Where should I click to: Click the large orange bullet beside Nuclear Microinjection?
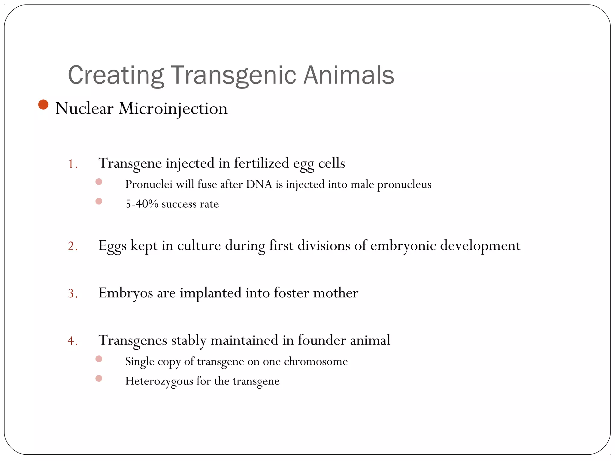click(44, 105)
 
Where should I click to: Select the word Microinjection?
click(173, 108)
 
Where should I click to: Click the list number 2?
click(72, 246)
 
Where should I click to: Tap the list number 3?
click(72, 293)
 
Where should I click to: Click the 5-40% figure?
click(142, 204)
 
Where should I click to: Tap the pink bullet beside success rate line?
click(99, 201)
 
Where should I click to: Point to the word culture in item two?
click(199, 246)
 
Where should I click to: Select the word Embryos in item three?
click(126, 293)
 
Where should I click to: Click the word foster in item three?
click(291, 293)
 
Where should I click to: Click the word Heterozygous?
click(159, 381)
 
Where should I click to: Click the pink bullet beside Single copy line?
click(99, 359)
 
